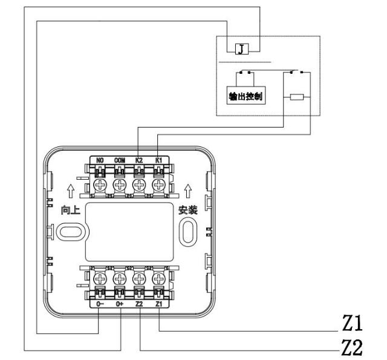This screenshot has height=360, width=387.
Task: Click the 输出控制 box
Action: click(x=249, y=96)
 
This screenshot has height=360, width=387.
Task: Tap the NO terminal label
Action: click(x=100, y=161)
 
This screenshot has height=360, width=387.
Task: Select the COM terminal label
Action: click(x=119, y=161)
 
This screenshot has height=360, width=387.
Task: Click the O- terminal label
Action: click(x=100, y=305)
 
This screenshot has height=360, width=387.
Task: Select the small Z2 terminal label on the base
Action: click(x=139, y=305)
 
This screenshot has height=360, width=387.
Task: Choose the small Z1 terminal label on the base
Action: click(x=158, y=305)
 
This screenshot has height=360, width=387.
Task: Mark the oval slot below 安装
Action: click(x=188, y=232)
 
